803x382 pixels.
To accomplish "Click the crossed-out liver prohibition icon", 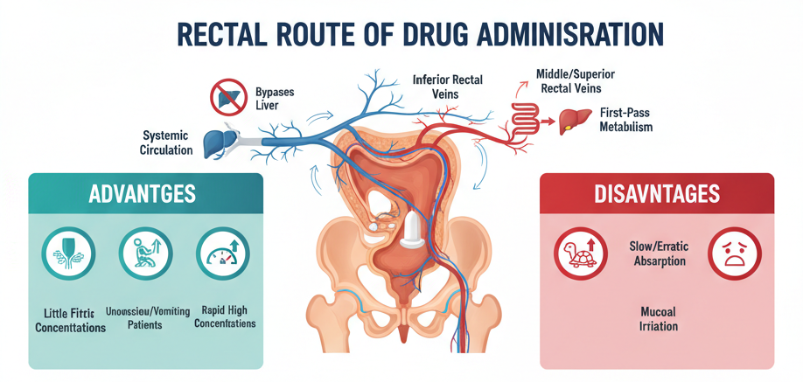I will tap(228, 97).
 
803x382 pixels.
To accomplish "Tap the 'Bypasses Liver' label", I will tap(275, 99).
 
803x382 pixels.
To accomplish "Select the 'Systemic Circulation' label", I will tap(166, 142).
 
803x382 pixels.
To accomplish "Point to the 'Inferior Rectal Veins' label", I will tap(447, 87).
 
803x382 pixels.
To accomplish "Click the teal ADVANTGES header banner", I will tap(145, 193).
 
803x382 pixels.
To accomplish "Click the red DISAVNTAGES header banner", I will tap(657, 193).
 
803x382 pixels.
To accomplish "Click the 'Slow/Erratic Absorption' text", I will tap(656, 254).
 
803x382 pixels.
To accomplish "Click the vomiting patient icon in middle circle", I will tap(145, 253).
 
